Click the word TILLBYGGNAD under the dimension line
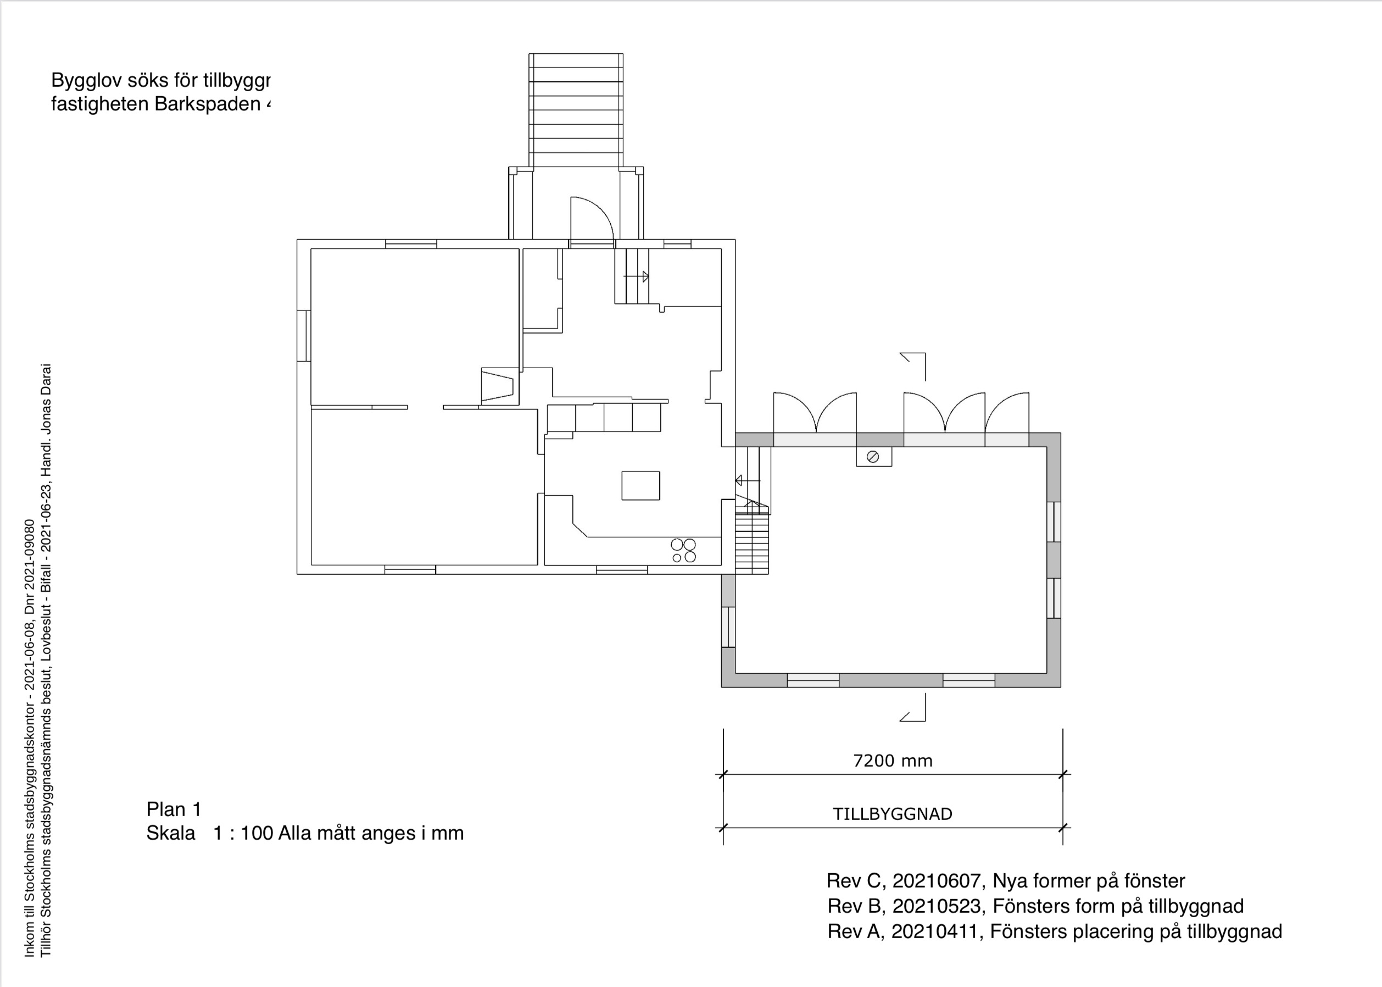(x=892, y=814)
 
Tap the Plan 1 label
(x=174, y=809)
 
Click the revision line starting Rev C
(x=1005, y=880)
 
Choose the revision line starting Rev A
(x=1054, y=931)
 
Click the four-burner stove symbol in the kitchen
(x=683, y=551)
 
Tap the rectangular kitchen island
(x=640, y=486)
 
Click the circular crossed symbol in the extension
(x=873, y=457)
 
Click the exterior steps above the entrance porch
(x=575, y=110)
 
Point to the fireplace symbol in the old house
(x=498, y=386)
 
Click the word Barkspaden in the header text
(x=207, y=104)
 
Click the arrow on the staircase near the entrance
(x=637, y=276)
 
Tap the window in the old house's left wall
(x=304, y=335)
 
